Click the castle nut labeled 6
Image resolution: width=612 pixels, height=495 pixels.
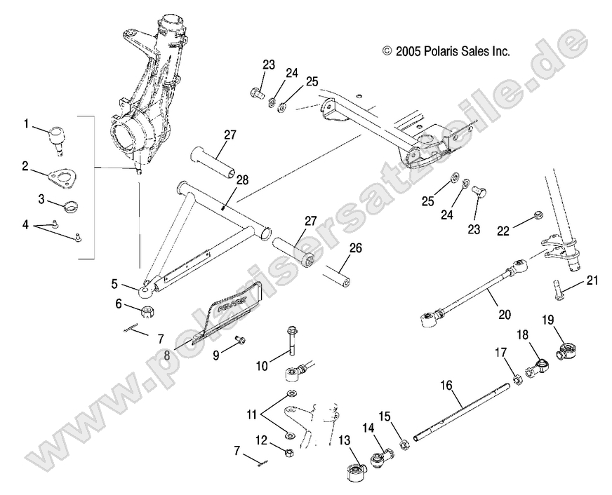coord(148,311)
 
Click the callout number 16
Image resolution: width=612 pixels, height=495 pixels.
coord(446,385)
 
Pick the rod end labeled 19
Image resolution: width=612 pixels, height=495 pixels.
coord(564,348)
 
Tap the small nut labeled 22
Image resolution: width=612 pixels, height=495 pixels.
coord(538,215)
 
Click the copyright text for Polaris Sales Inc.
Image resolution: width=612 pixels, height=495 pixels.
coord(445,51)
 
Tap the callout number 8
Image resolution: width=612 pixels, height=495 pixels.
coord(166,355)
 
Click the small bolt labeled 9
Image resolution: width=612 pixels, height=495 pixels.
coord(241,340)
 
